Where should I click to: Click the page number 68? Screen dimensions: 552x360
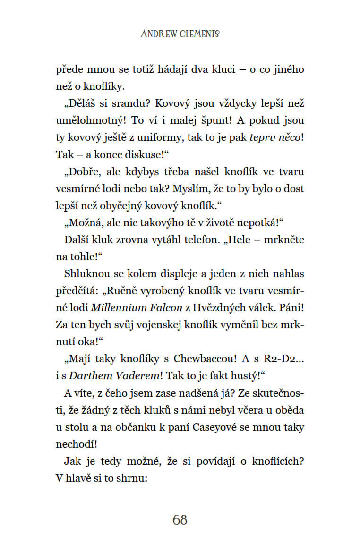pyautogui.click(x=180, y=520)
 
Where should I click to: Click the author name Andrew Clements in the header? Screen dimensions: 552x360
pyautogui.click(x=180, y=34)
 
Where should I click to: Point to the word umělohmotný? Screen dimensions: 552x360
pyautogui.click(x=86, y=120)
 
